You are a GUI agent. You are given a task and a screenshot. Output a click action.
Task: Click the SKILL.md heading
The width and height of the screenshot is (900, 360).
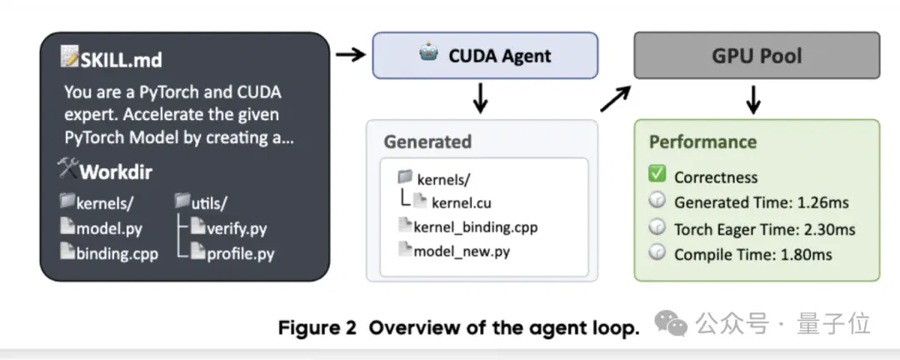122,60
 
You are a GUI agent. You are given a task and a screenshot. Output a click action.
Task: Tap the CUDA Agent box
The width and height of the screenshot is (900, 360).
485,55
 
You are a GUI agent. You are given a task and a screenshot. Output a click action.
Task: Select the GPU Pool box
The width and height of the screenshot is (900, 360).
757,55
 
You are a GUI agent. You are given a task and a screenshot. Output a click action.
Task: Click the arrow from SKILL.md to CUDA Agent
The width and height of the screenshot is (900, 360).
351,54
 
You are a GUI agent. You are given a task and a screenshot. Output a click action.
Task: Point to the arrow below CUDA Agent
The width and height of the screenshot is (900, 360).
481,98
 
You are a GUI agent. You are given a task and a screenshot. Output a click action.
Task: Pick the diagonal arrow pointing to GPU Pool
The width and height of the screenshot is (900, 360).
616,98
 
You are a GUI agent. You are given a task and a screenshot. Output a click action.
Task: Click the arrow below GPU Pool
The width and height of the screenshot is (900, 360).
753,99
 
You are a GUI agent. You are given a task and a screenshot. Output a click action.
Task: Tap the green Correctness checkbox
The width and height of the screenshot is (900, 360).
657,174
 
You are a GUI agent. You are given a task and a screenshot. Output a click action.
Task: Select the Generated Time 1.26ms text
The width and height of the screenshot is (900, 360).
761,202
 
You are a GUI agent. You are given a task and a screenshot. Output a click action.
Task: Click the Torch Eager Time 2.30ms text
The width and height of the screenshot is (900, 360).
764,229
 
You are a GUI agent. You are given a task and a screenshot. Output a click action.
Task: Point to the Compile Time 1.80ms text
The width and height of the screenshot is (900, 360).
753,254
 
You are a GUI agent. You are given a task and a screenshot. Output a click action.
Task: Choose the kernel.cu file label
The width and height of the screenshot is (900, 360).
462,202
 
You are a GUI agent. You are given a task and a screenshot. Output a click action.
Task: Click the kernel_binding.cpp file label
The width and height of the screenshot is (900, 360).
475,227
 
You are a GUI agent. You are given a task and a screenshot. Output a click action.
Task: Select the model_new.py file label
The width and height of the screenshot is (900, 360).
462,251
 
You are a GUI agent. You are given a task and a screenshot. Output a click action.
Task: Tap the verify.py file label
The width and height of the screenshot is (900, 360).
237,228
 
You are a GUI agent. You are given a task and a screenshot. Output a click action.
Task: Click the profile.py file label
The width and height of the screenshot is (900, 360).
241,253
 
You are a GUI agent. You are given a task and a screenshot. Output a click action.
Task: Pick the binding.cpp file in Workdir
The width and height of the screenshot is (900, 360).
117,253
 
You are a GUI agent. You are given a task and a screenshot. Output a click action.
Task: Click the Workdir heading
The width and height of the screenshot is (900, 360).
116,172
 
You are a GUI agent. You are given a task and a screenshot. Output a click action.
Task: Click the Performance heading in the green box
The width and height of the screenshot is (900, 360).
702,142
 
